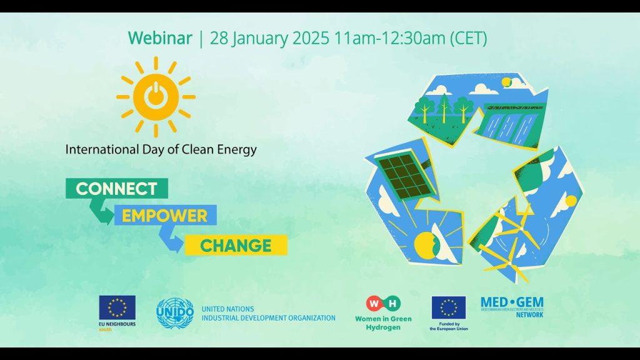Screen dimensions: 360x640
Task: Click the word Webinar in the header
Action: point(160,38)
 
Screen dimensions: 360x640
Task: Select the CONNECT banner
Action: point(116,188)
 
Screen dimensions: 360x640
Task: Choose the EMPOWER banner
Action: point(164,216)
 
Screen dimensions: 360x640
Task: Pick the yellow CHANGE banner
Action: point(236,245)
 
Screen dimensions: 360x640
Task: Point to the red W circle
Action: point(374,304)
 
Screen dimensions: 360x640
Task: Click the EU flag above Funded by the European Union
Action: point(448,307)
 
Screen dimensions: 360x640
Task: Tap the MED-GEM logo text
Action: point(512,303)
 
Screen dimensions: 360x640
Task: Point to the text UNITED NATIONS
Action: point(227,309)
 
